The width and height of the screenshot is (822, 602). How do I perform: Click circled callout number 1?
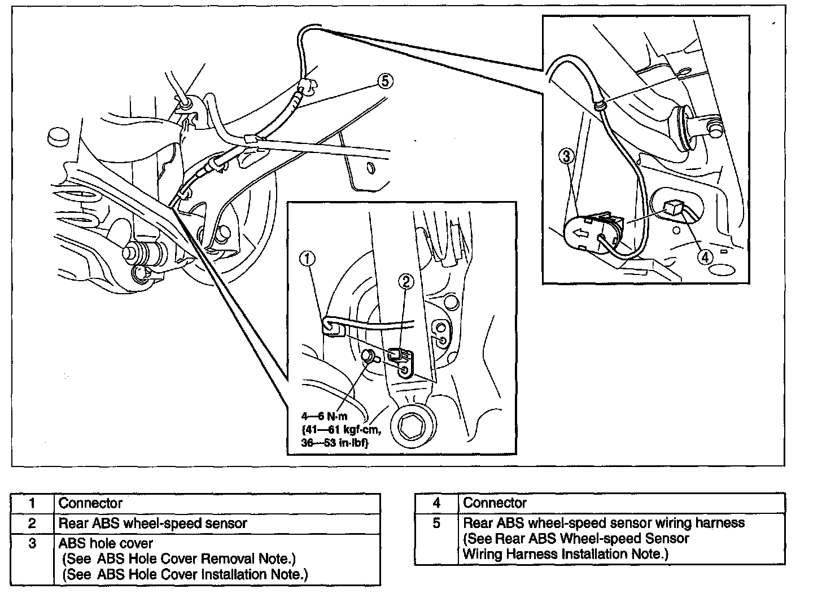pyautogui.click(x=308, y=259)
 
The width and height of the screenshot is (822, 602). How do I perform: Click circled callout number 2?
pyautogui.click(x=406, y=281)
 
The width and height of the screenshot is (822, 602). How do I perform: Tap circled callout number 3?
pyautogui.click(x=567, y=157)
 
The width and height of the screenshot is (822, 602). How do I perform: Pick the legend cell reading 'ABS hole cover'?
pyautogui.click(x=106, y=543)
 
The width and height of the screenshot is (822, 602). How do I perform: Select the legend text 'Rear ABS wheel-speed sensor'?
pyautogui.click(x=153, y=524)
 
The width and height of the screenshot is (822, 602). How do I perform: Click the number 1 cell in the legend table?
pyautogui.click(x=33, y=503)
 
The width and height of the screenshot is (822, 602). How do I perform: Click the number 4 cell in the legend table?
pyautogui.click(x=436, y=503)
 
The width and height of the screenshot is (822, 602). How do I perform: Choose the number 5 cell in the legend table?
pyautogui.click(x=436, y=524)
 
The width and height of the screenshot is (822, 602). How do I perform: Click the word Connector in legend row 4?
pyautogui.click(x=495, y=503)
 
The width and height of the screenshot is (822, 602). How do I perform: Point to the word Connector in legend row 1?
pyautogui.click(x=90, y=503)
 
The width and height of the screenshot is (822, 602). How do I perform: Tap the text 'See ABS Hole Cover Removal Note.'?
pyautogui.click(x=180, y=559)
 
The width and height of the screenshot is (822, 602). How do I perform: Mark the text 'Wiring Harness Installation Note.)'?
pyautogui.click(x=565, y=554)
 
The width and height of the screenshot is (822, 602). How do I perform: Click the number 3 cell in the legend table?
pyautogui.click(x=33, y=544)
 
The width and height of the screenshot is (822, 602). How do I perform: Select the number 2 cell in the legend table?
pyautogui.click(x=33, y=524)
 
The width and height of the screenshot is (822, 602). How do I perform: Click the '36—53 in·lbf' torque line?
pyautogui.click(x=335, y=443)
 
